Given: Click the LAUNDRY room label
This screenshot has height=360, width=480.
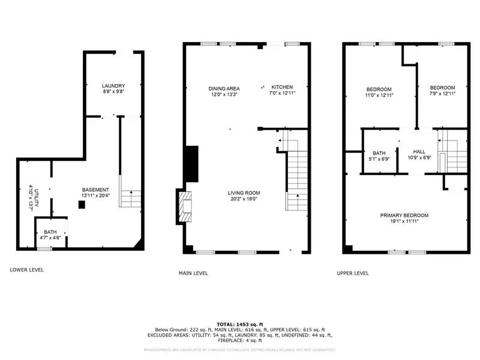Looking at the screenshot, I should click(113, 86).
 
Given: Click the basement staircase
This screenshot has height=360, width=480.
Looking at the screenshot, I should click(131, 197).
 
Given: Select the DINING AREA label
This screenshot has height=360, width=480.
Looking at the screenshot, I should click(224, 88).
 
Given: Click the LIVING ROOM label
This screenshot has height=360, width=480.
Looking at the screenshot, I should click(244, 193).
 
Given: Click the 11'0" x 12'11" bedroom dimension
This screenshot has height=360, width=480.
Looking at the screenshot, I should click(379, 94).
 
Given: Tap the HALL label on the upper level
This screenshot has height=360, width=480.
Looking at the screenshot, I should click(419, 152).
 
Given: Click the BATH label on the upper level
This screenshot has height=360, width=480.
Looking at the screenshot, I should click(379, 153).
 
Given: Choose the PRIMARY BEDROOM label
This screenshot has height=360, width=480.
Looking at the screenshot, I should click(404, 215).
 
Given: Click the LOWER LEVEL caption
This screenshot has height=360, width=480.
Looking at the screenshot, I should click(27, 270).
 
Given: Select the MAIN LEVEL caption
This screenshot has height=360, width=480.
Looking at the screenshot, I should click(193, 273).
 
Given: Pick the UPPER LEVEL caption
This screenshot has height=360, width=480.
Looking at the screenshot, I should click(353, 273).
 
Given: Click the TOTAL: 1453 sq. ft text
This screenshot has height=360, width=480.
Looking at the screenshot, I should click(240, 323).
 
